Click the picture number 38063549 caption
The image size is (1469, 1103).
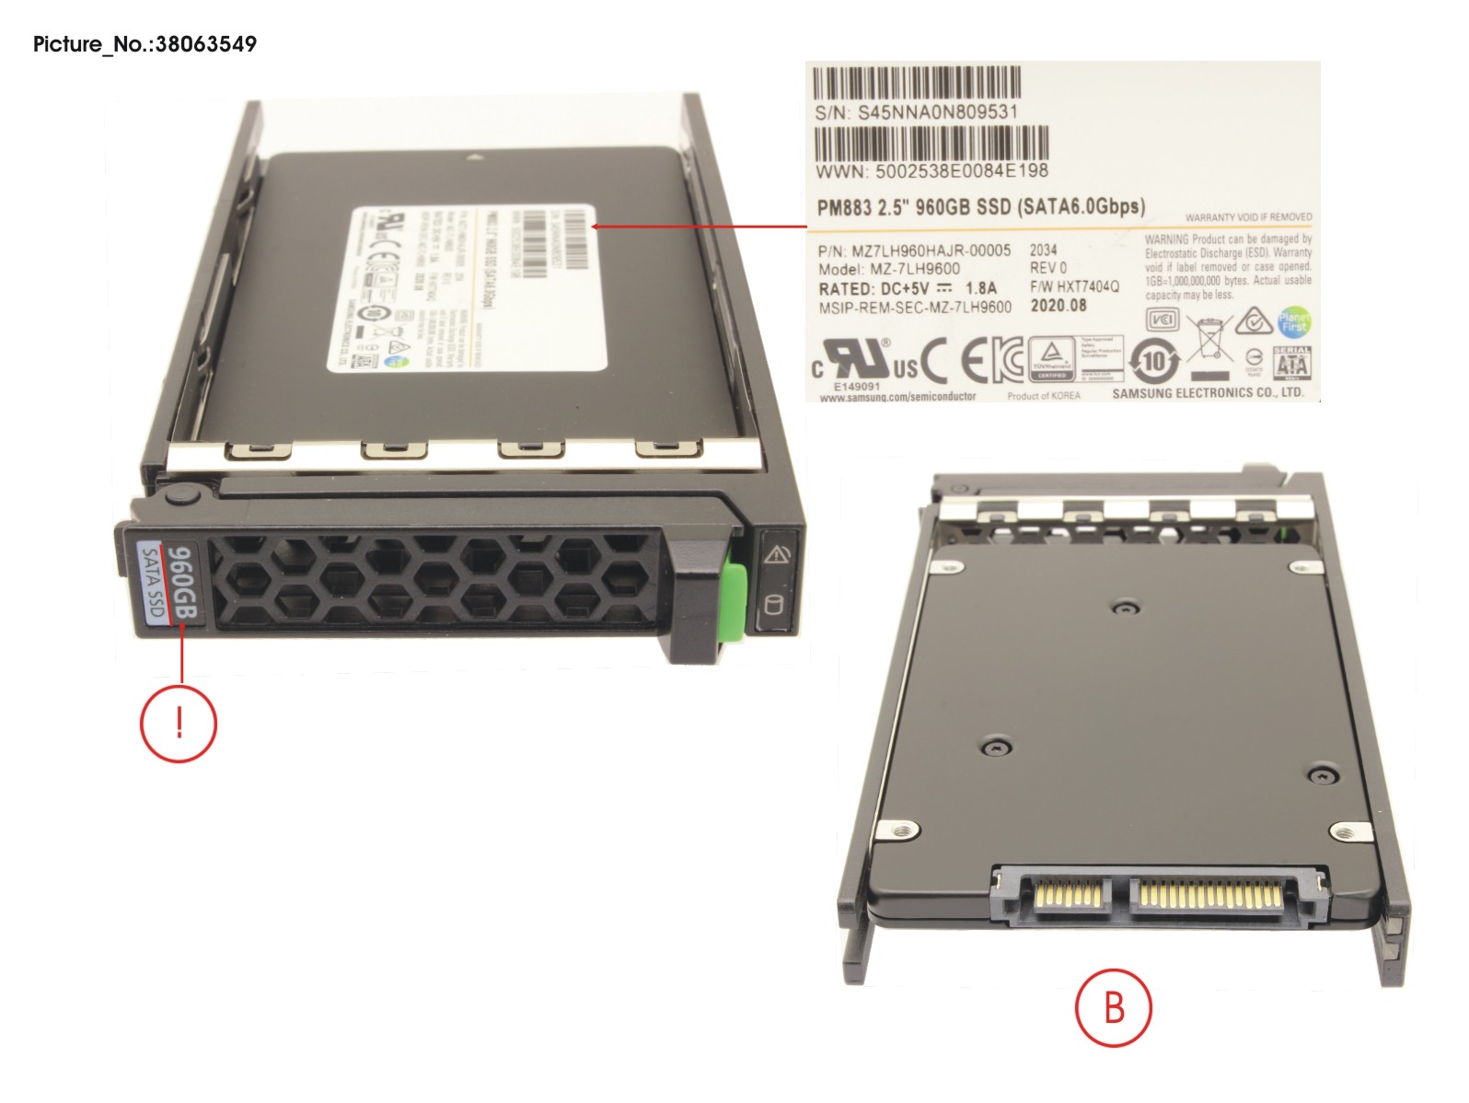click(x=145, y=44)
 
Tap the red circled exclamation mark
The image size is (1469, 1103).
click(x=179, y=723)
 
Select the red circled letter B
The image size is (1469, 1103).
click(x=1113, y=1007)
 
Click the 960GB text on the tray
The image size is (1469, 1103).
click(x=182, y=582)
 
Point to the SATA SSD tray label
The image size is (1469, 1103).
click(x=152, y=582)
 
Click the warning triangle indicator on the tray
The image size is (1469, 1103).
click(x=777, y=554)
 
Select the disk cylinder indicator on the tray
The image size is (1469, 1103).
click(x=774, y=607)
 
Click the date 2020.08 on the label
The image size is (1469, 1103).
click(x=1058, y=306)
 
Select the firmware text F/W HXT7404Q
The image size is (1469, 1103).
click(x=1074, y=286)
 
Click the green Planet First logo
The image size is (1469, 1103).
click(x=1293, y=321)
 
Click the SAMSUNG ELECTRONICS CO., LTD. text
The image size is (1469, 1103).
click(x=1208, y=392)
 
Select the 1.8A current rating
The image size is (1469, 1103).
click(x=980, y=288)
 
